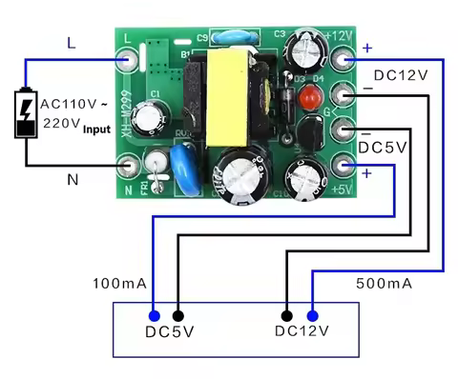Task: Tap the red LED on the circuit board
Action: pyautogui.click(x=307, y=97)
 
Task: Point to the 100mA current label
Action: pyautogui.click(x=120, y=284)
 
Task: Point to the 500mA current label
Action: pyautogui.click(x=384, y=284)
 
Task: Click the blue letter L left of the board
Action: pyautogui.click(x=73, y=42)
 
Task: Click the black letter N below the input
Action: pyautogui.click(x=72, y=179)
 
